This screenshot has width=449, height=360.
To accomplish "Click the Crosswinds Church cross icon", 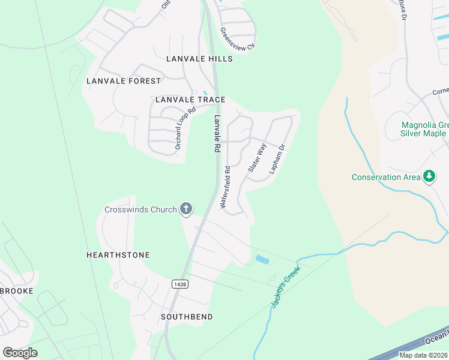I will click(186, 209).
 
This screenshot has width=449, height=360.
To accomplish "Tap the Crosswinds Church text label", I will click(140, 209).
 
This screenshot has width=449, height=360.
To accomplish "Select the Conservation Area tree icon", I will click(429, 176).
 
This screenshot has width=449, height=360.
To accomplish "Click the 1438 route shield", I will click(178, 283).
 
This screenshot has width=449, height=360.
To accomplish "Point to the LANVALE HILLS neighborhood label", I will click(199, 59).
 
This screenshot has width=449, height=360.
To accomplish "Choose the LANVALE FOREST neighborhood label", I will click(124, 81).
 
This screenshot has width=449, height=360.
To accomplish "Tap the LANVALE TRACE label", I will click(190, 100).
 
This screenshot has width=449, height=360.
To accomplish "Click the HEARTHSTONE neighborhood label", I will click(118, 255).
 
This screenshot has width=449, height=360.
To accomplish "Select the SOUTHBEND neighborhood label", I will click(187, 316).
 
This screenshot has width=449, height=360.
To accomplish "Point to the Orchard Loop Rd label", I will click(185, 128).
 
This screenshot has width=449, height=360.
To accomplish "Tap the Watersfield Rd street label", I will click(226, 187).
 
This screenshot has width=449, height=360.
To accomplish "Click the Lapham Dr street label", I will click(276, 159).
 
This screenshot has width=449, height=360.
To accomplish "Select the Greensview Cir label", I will click(237, 40).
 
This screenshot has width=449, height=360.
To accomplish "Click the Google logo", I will click(20, 353).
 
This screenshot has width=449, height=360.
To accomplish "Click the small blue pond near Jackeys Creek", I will click(262, 259).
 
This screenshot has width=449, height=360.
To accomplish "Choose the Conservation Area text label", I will click(385, 177).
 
